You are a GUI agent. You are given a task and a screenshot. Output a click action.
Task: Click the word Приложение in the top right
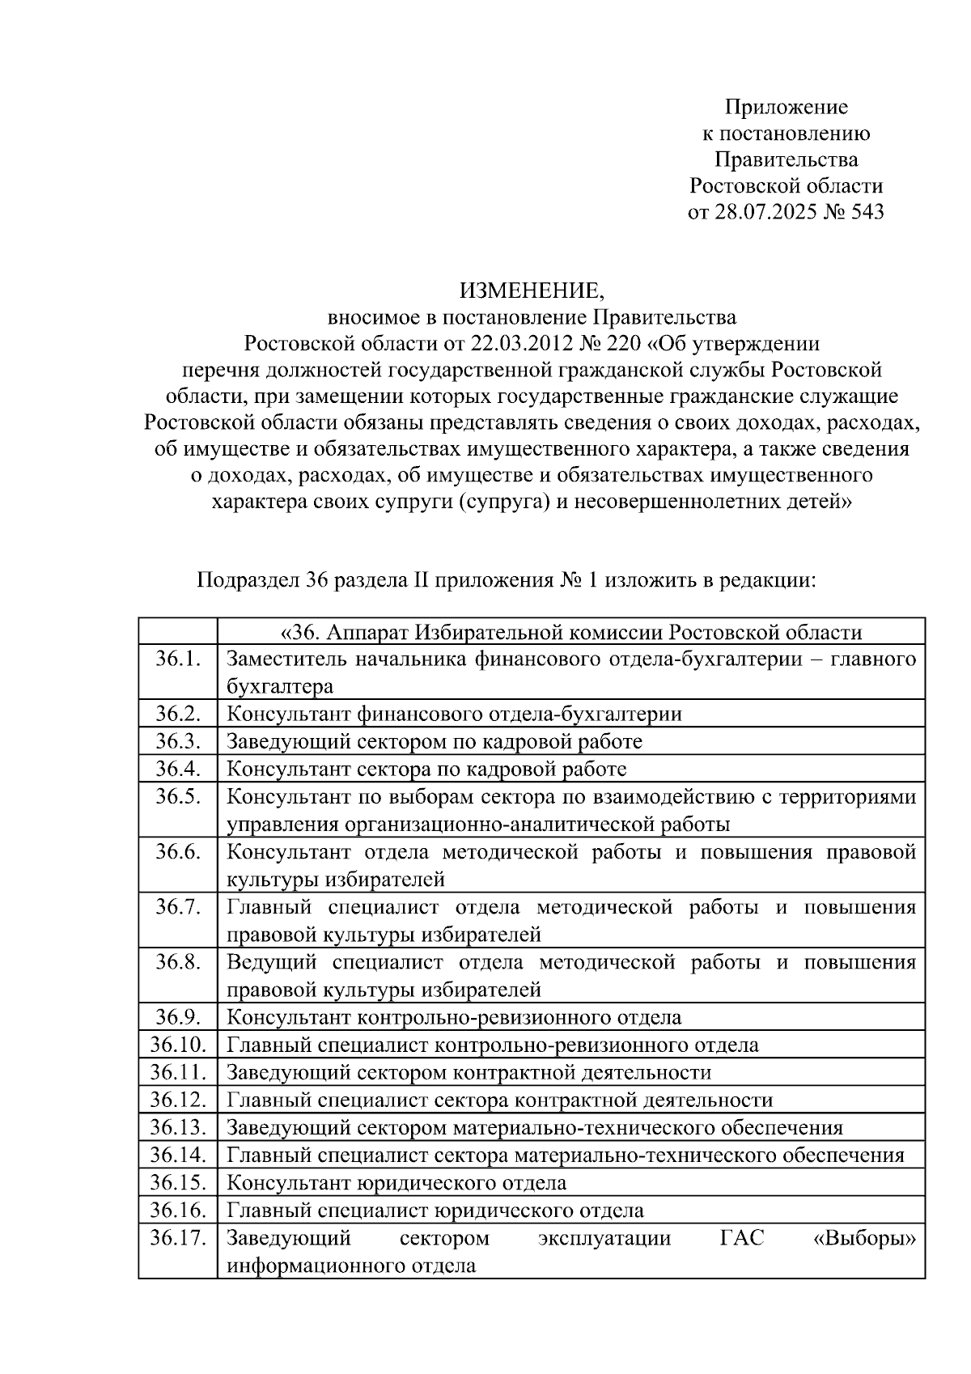point(786,107)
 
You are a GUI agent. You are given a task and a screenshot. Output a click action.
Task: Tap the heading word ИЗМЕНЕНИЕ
point(532,290)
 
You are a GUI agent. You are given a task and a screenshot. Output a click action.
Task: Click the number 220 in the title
point(623,344)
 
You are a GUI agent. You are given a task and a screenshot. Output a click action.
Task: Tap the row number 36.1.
point(178,659)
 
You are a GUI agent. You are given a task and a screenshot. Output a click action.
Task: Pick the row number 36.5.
point(178,796)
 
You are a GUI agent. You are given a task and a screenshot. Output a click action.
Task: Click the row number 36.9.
point(178,1016)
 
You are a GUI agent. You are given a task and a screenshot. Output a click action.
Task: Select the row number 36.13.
point(178,1127)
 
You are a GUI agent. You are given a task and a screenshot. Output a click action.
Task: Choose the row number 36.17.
point(178,1237)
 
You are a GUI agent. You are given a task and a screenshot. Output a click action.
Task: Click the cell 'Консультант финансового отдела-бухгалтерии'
point(454,714)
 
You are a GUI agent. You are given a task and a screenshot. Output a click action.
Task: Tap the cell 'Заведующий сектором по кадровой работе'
point(435,741)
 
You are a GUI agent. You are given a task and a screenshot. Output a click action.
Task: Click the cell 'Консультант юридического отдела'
point(396,1182)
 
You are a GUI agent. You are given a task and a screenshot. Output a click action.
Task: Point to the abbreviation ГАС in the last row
point(741,1238)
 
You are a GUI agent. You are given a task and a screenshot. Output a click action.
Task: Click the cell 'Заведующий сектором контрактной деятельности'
point(469,1072)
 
